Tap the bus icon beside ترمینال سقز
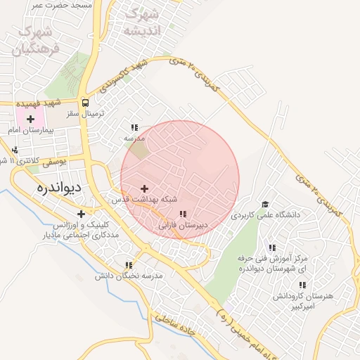coord(85,102)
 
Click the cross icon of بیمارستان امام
coord(30,120)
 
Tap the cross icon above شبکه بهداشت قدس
coord(145,188)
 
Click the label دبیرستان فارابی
coord(183,226)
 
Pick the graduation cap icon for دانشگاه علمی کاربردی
coord(265,204)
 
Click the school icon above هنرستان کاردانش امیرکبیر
coord(302,285)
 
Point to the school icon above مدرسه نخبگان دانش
coord(129,265)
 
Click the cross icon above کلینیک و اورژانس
coord(82,214)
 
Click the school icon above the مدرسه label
coord(134,127)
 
